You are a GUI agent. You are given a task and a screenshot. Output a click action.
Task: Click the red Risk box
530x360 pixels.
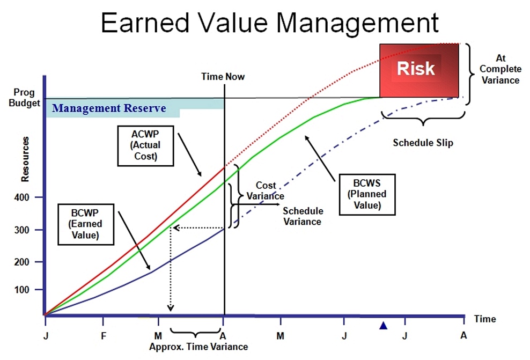pyautogui.click(x=419, y=70)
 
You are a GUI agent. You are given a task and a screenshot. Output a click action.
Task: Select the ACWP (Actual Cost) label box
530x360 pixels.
pyautogui.click(x=146, y=146)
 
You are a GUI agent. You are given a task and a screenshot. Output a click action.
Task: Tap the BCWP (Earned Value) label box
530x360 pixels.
pyautogui.click(x=86, y=224)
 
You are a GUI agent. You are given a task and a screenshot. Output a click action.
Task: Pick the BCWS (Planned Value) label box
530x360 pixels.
pyautogui.click(x=367, y=194)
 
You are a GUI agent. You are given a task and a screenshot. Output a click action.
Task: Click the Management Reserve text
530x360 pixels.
pyautogui.click(x=109, y=108)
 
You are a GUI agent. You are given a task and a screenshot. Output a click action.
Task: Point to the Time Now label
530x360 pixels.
pyautogui.click(x=223, y=76)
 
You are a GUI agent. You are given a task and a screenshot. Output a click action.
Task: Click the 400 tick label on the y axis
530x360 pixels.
pyautogui.click(x=21, y=197)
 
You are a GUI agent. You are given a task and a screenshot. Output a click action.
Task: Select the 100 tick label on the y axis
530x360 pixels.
pyautogui.click(x=21, y=290)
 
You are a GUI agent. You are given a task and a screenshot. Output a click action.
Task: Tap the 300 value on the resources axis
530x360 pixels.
pyautogui.click(x=21, y=230)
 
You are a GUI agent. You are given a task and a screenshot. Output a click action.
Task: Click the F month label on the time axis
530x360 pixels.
pyautogui.click(x=104, y=336)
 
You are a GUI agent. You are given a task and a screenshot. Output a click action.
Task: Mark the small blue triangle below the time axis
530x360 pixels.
pyautogui.click(x=384, y=325)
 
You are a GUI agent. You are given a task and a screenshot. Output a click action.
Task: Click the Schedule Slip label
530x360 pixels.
pyautogui.click(x=423, y=143)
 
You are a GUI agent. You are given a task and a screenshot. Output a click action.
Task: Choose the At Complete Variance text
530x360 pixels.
pyautogui.click(x=500, y=69)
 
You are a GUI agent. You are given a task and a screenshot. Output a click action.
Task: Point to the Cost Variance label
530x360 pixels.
pyautogui.click(x=266, y=190)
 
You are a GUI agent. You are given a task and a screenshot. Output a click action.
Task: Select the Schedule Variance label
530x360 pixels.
pyautogui.click(x=303, y=216)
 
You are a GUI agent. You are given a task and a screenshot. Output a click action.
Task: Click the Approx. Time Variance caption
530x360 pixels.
pyautogui.click(x=198, y=347)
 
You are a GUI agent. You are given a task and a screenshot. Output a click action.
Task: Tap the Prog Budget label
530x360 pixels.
pyautogui.click(x=24, y=97)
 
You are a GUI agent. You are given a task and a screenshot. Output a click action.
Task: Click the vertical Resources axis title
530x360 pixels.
pyautogui.click(x=25, y=159)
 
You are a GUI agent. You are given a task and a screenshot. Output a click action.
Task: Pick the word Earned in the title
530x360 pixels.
pyautogui.click(x=145, y=23)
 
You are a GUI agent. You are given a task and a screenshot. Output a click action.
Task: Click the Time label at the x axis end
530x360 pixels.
pyautogui.click(x=485, y=319)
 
